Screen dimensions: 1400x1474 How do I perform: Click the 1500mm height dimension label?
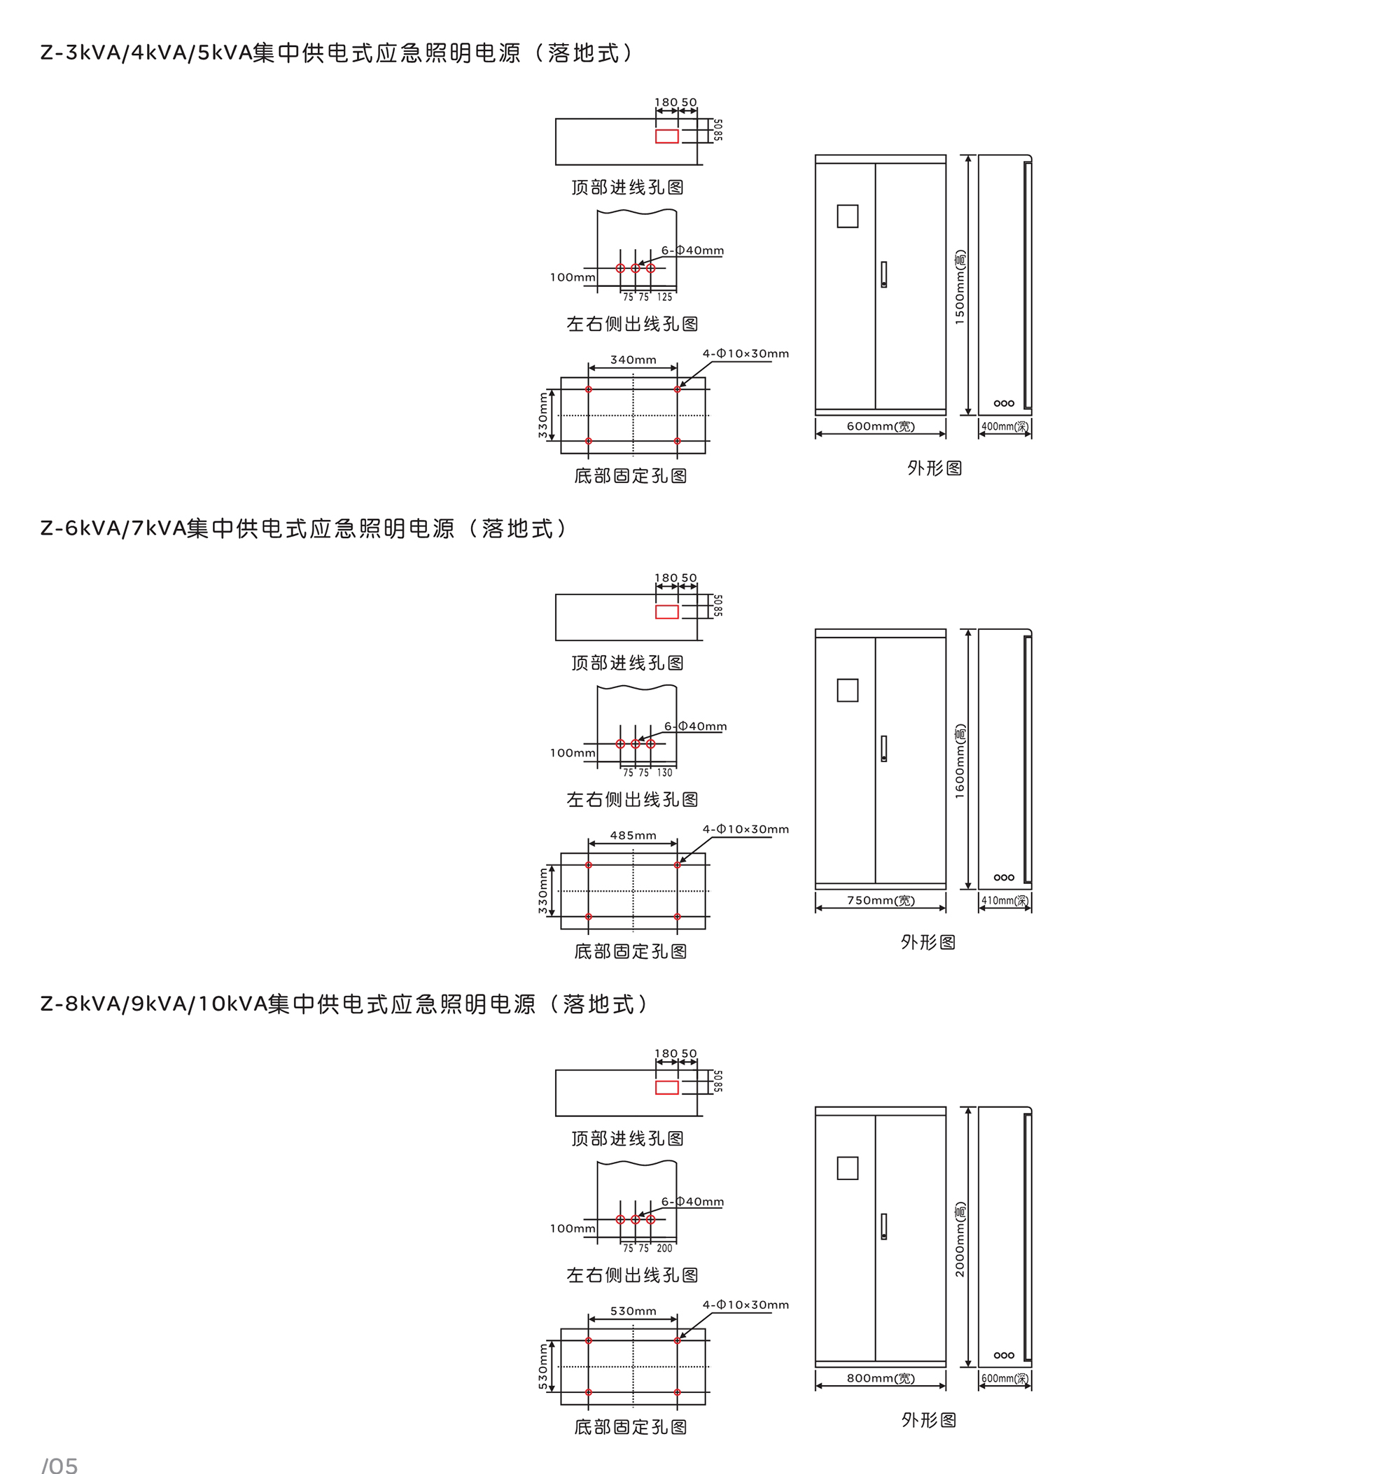(960, 288)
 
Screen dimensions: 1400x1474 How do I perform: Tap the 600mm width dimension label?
(881, 426)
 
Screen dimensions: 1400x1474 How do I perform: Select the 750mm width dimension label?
(881, 900)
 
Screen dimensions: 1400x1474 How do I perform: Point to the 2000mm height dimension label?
(960, 1239)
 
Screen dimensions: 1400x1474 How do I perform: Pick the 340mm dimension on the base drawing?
(633, 360)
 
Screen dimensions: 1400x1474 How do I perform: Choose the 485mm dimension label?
(633, 835)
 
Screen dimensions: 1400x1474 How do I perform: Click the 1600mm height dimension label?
(960, 761)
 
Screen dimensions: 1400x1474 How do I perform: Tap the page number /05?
(59, 1465)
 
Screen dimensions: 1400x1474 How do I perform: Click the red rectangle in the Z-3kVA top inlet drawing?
(666, 136)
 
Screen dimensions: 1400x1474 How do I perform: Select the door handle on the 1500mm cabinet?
(883, 274)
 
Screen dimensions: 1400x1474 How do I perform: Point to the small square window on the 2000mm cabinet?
(847, 1168)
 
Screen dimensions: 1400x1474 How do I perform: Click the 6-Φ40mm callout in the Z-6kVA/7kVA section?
(696, 727)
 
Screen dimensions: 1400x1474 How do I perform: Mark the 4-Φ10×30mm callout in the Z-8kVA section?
(745, 1305)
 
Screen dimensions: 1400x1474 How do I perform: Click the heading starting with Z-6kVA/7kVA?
(304, 528)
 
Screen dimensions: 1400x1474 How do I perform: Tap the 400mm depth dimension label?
(1004, 426)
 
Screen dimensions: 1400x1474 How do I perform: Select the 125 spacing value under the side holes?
(664, 297)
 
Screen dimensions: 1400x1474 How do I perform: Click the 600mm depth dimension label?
(1004, 1379)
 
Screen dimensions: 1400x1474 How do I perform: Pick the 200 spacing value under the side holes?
(664, 1248)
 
